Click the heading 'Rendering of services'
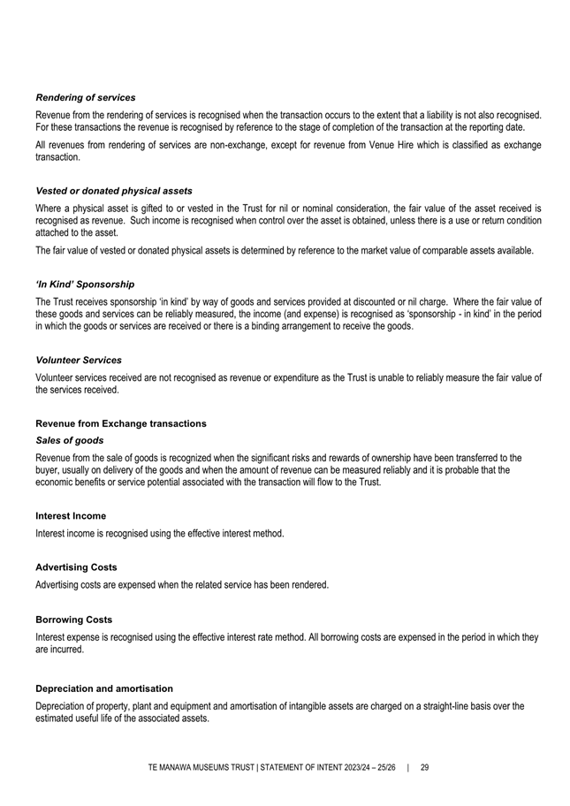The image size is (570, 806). tap(85, 97)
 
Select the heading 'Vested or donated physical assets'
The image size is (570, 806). tap(114, 191)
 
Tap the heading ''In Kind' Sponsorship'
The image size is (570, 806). tap(85, 285)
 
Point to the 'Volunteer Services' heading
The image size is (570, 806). tap(79, 361)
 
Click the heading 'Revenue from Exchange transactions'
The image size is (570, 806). tap(121, 423)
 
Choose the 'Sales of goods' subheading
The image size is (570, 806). tap(70, 440)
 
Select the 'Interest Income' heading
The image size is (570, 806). tap(71, 516)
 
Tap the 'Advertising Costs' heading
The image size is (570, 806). tap(76, 567)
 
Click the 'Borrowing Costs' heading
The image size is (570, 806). tap(73, 620)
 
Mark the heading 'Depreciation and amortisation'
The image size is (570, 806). tap(104, 688)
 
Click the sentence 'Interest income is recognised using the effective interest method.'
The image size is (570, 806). tap(160, 533)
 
